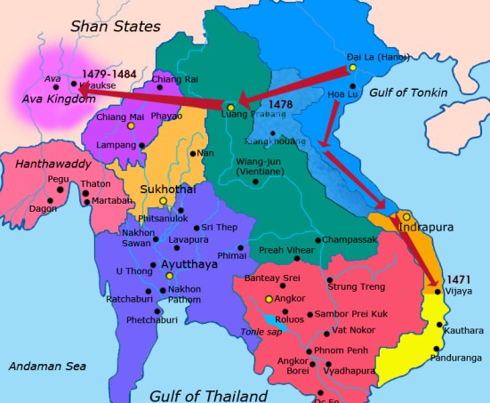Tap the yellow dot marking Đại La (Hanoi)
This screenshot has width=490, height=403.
coord(353,68)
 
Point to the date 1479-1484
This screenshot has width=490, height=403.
coord(108,74)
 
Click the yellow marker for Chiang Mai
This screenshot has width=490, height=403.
coord(132,125)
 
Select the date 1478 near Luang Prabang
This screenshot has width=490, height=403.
coord(280,105)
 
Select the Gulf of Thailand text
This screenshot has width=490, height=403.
coord(208,395)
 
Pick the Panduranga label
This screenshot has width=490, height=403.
coord(454,358)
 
